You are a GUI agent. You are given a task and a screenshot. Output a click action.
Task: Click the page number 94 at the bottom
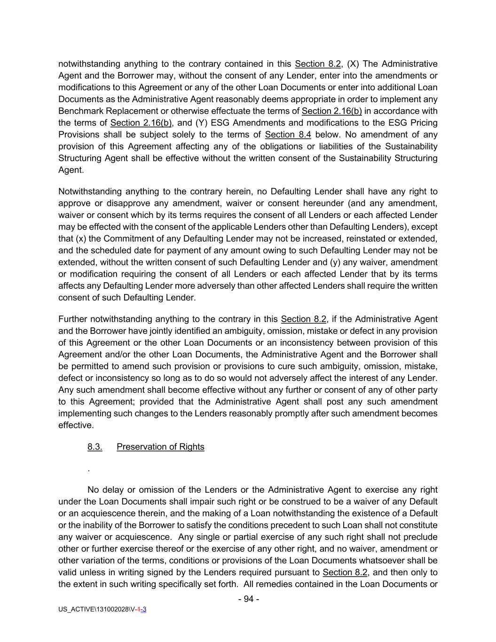pos(249,599)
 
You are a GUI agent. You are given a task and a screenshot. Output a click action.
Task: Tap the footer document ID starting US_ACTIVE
pos(102,610)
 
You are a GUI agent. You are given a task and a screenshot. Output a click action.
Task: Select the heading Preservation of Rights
pos(160,447)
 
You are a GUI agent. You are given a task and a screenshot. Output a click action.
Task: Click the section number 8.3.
pos(94,447)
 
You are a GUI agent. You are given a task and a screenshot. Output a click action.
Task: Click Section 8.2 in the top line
pos(317,64)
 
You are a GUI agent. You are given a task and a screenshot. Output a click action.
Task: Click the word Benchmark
pos(79,111)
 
